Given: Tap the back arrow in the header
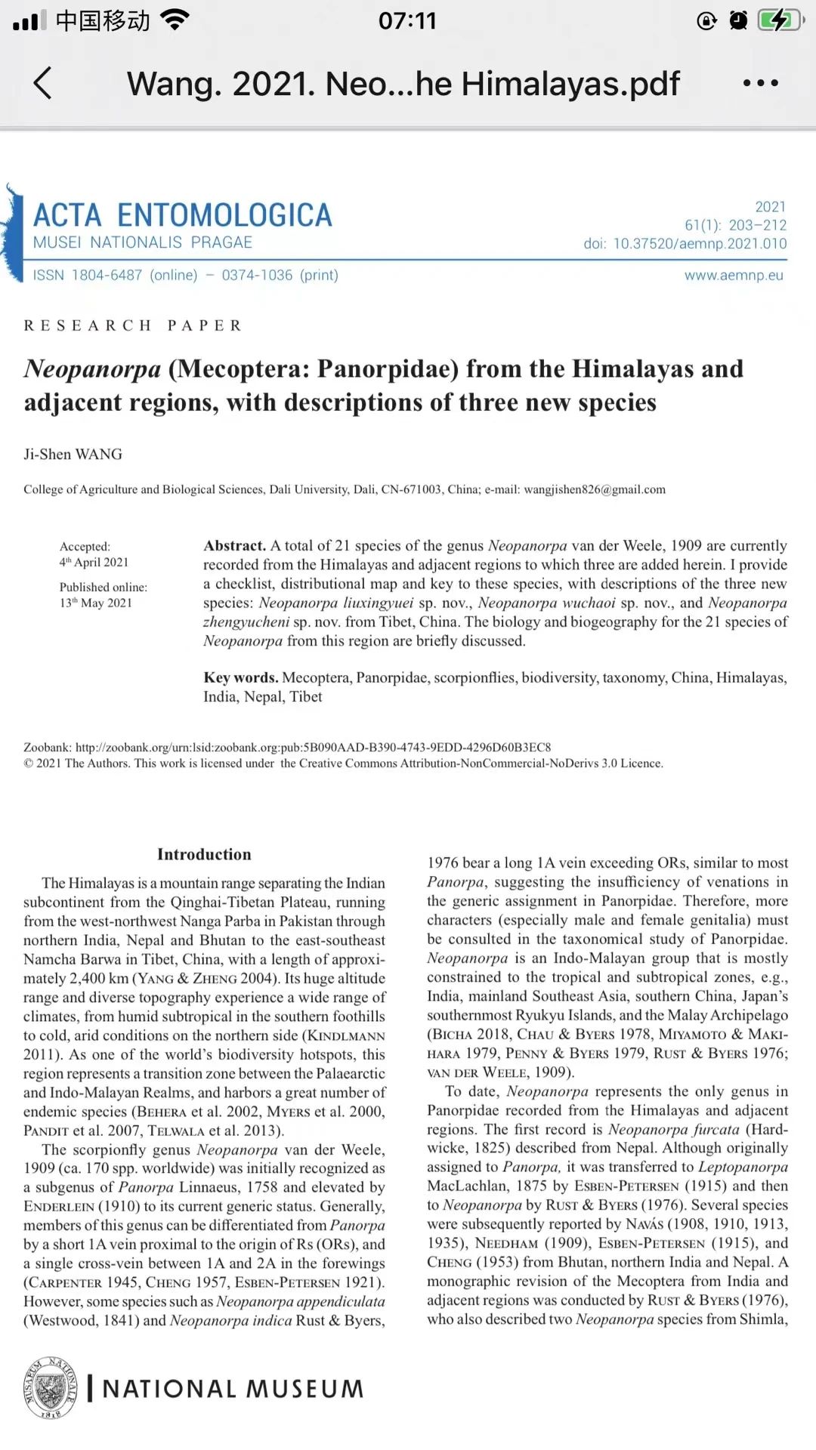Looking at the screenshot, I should pos(43,83).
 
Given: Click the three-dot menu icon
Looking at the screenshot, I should pos(760,83).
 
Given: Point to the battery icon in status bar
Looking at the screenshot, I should pos(780,20).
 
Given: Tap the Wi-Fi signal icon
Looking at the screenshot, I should pos(175,20).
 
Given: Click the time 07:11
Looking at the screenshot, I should pos(407,20).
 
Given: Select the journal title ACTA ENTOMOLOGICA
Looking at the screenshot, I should pos(182,215).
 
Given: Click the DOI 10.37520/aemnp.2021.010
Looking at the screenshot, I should pos(700,244).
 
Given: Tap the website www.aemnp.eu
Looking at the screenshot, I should pos(734,275).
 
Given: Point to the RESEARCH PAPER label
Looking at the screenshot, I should pos(133,325).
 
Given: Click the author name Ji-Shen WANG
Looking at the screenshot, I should pos(73,454).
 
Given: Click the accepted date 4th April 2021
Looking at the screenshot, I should pos(94,562).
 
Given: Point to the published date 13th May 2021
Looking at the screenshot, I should pos(96,603).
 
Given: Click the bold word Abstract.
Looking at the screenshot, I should pos(234,545).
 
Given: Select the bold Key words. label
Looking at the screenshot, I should pos(240,677).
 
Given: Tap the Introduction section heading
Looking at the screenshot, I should pos(204,854).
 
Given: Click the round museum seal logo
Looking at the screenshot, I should pos(51,1388).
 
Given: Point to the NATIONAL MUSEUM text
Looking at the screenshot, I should pos(233,1389).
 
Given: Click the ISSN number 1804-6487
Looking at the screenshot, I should pos(107,275).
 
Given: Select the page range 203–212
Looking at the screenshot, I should pos(758,225).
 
